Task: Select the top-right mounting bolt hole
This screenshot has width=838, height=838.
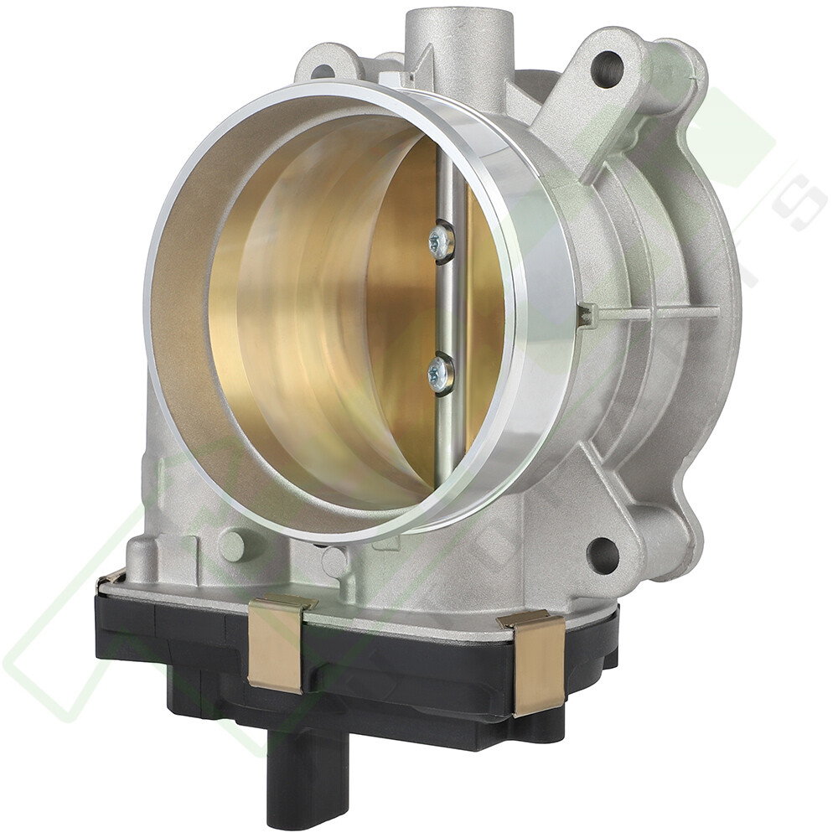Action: tap(607, 68)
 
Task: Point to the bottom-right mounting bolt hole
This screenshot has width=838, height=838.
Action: tap(603, 555)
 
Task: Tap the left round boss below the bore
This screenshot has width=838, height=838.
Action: tap(232, 546)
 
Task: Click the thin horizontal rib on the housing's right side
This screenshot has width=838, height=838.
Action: tap(662, 313)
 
